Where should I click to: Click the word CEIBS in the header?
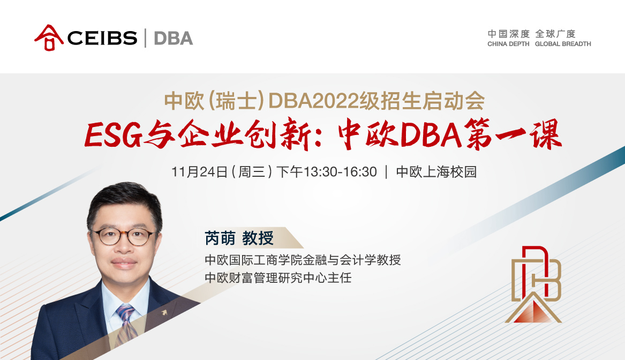[103, 38]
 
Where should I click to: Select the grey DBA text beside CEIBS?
[173, 38]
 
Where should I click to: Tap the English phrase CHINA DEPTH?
[508, 44]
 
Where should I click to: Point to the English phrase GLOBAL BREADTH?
[563, 44]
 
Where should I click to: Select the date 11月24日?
[199, 172]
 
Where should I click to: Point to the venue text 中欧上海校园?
[436, 172]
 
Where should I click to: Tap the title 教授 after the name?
[258, 238]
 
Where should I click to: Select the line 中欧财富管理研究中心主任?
[278, 278]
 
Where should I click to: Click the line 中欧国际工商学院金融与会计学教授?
[303, 260]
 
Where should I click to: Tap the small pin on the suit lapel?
[159, 311]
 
